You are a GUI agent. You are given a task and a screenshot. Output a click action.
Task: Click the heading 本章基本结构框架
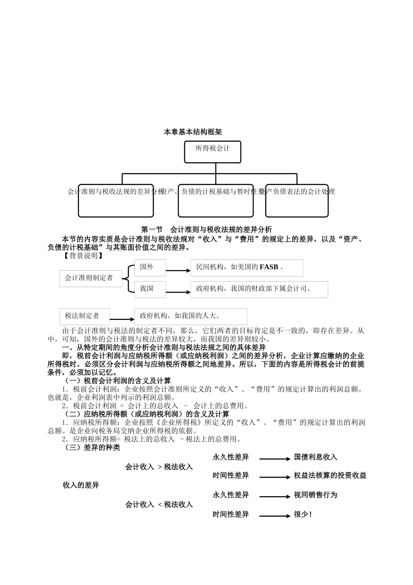point(193,131)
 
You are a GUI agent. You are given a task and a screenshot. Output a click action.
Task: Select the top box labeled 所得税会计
point(212,151)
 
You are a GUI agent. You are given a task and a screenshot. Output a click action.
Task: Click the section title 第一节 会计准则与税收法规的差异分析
point(206,229)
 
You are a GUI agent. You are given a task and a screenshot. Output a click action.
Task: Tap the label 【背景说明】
point(83,256)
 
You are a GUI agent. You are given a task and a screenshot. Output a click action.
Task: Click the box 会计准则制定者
point(89,278)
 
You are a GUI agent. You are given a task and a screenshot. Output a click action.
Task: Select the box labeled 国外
point(150,267)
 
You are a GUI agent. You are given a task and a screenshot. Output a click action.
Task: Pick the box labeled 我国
point(150,289)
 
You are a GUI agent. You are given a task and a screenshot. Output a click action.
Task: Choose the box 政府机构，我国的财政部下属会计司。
point(259,289)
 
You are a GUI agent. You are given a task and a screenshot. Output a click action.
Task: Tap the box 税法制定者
point(84,316)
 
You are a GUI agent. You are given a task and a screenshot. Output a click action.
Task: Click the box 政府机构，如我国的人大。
point(190,316)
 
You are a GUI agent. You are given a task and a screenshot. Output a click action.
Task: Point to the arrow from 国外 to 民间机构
point(178,270)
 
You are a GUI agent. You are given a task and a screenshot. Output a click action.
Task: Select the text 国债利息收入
point(315,457)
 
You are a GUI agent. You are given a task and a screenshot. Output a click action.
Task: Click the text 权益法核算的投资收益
point(330,476)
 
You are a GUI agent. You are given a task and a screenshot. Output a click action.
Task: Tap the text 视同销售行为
point(315,495)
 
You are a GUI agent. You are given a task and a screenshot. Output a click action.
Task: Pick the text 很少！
point(303,514)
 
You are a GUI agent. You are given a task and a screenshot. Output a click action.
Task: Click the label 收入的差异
point(81,485)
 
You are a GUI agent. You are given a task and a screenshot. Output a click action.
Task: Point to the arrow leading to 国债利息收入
point(275,459)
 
